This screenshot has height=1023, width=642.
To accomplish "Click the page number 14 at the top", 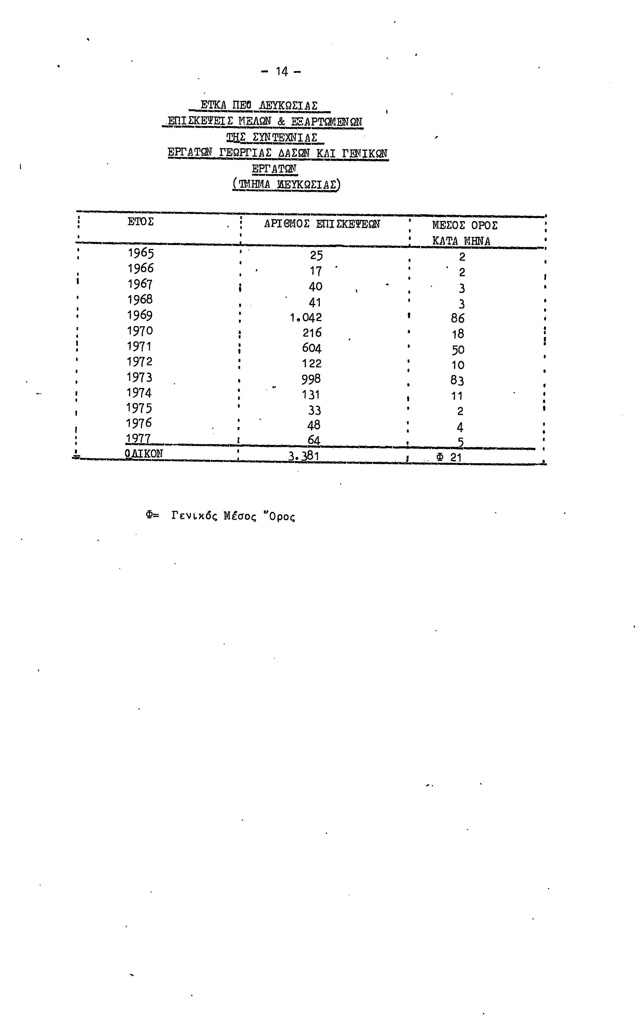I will [x=282, y=71].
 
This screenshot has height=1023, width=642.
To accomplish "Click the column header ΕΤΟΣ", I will [x=141, y=222].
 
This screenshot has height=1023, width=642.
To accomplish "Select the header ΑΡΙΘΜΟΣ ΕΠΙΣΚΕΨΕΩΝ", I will [x=322, y=224].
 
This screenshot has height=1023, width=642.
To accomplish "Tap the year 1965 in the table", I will [x=141, y=253].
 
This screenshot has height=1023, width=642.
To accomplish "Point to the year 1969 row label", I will [x=140, y=315].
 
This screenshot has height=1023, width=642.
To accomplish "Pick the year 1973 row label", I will [x=139, y=377].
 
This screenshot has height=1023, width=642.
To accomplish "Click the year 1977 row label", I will [x=138, y=438].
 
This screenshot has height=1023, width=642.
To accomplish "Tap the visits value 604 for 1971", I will [x=312, y=348].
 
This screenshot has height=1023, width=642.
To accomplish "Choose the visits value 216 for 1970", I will [x=312, y=333].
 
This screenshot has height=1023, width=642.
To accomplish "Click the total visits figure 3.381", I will [x=304, y=456].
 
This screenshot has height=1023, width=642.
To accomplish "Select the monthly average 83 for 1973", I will [x=457, y=380].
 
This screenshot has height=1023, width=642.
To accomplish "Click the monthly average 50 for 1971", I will [x=458, y=350].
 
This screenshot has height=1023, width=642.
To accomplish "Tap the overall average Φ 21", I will [x=449, y=457].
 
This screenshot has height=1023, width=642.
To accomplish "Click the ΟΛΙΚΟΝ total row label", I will [x=144, y=453].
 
